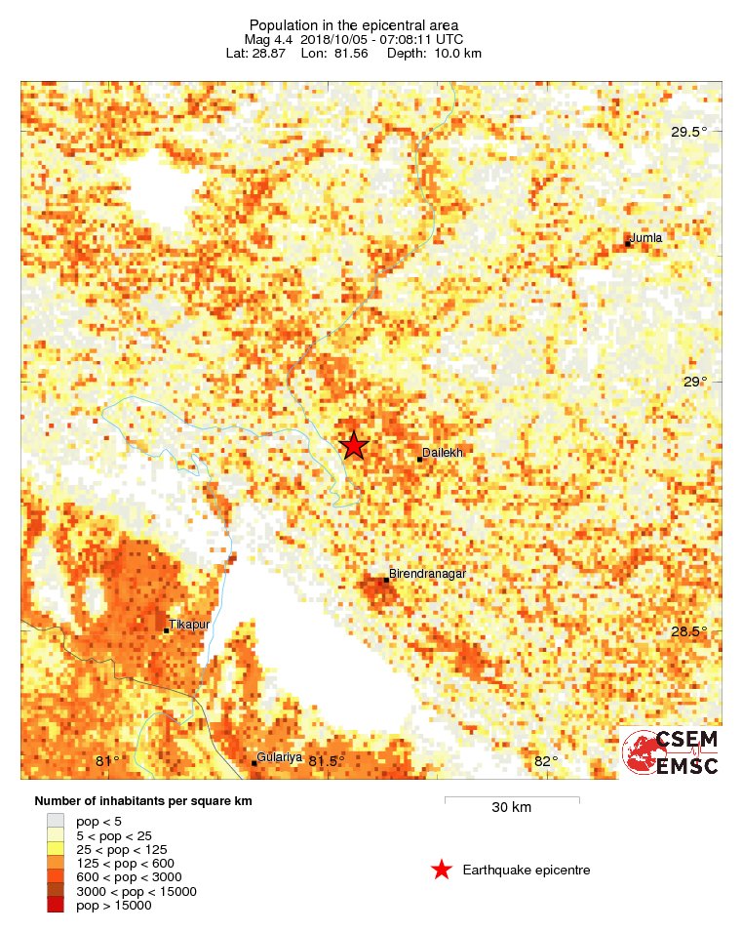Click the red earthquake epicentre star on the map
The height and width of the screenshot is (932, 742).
click(x=353, y=445)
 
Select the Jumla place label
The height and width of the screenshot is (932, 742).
click(x=645, y=237)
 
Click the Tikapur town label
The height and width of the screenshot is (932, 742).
click(x=189, y=624)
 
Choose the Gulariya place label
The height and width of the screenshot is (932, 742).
click(x=281, y=757)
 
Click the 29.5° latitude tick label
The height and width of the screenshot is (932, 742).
click(x=692, y=133)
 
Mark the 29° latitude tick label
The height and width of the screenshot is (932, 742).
click(x=694, y=382)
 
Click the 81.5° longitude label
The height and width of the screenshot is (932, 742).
click(x=327, y=760)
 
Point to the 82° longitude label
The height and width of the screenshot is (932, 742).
click(x=546, y=760)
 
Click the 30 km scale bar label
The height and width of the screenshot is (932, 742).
click(x=511, y=807)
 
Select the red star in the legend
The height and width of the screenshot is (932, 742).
click(x=442, y=869)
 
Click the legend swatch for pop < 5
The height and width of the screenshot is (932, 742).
click(x=56, y=822)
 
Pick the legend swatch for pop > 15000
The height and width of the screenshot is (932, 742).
click(x=56, y=906)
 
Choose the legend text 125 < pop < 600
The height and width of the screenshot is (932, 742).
click(x=124, y=864)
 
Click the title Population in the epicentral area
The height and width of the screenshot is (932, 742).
click(x=354, y=24)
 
